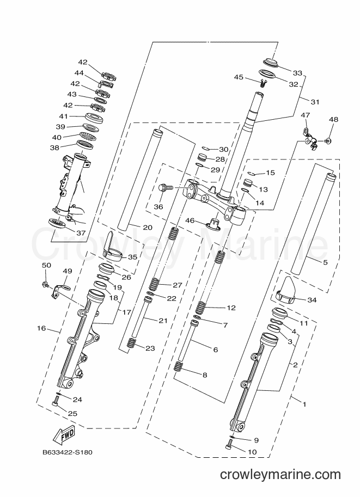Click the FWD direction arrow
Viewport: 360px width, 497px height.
pos(65,434)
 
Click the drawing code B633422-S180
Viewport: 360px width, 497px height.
pos(68,452)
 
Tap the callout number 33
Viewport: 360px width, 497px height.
pos(297,73)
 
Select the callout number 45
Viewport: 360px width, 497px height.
pos(239,77)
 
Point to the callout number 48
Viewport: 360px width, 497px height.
pos(333,120)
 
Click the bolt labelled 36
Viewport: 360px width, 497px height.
pos(166,187)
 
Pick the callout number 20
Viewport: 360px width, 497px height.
pos(148,227)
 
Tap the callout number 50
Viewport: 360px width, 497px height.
pos(46,265)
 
